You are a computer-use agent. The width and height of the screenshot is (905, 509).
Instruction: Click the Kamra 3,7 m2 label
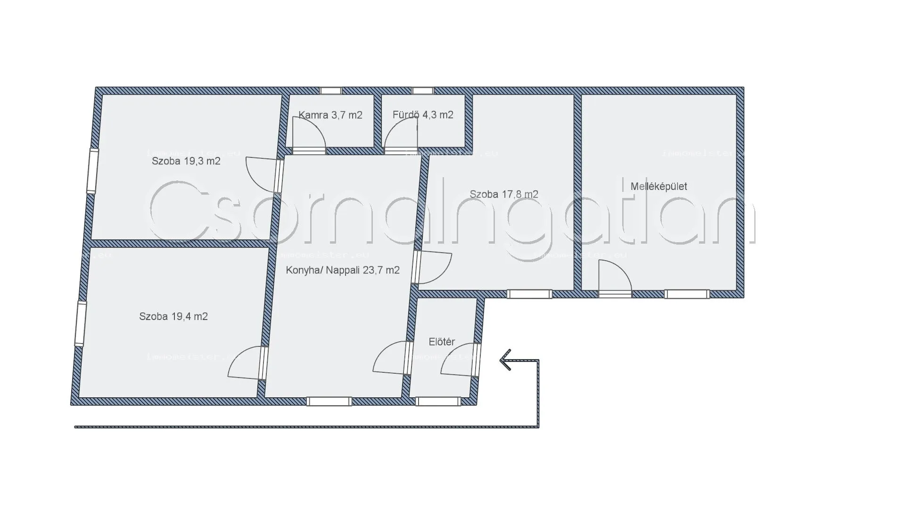coord(330,115)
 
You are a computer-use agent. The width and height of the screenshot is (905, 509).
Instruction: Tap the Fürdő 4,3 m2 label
coord(423,115)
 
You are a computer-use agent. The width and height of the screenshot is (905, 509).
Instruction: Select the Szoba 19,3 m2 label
coord(186,161)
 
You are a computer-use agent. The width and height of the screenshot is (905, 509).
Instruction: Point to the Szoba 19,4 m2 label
coord(173,316)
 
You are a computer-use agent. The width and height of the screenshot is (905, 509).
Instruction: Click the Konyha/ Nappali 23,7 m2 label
coord(343,270)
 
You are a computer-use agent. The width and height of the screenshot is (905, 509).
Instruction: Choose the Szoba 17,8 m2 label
coord(504,194)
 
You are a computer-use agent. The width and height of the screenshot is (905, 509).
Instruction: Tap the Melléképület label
coord(658,186)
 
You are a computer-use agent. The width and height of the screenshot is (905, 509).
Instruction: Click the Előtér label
coord(442,342)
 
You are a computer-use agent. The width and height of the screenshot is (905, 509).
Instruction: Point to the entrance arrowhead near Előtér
coord(505,360)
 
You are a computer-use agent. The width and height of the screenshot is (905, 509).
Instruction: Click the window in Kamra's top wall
coord(330,91)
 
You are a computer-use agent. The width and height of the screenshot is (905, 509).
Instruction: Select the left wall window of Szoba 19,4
coord(81,324)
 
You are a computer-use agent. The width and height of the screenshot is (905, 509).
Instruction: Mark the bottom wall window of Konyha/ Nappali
coord(329,402)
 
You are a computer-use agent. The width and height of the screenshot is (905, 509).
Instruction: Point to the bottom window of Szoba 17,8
coord(529,294)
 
